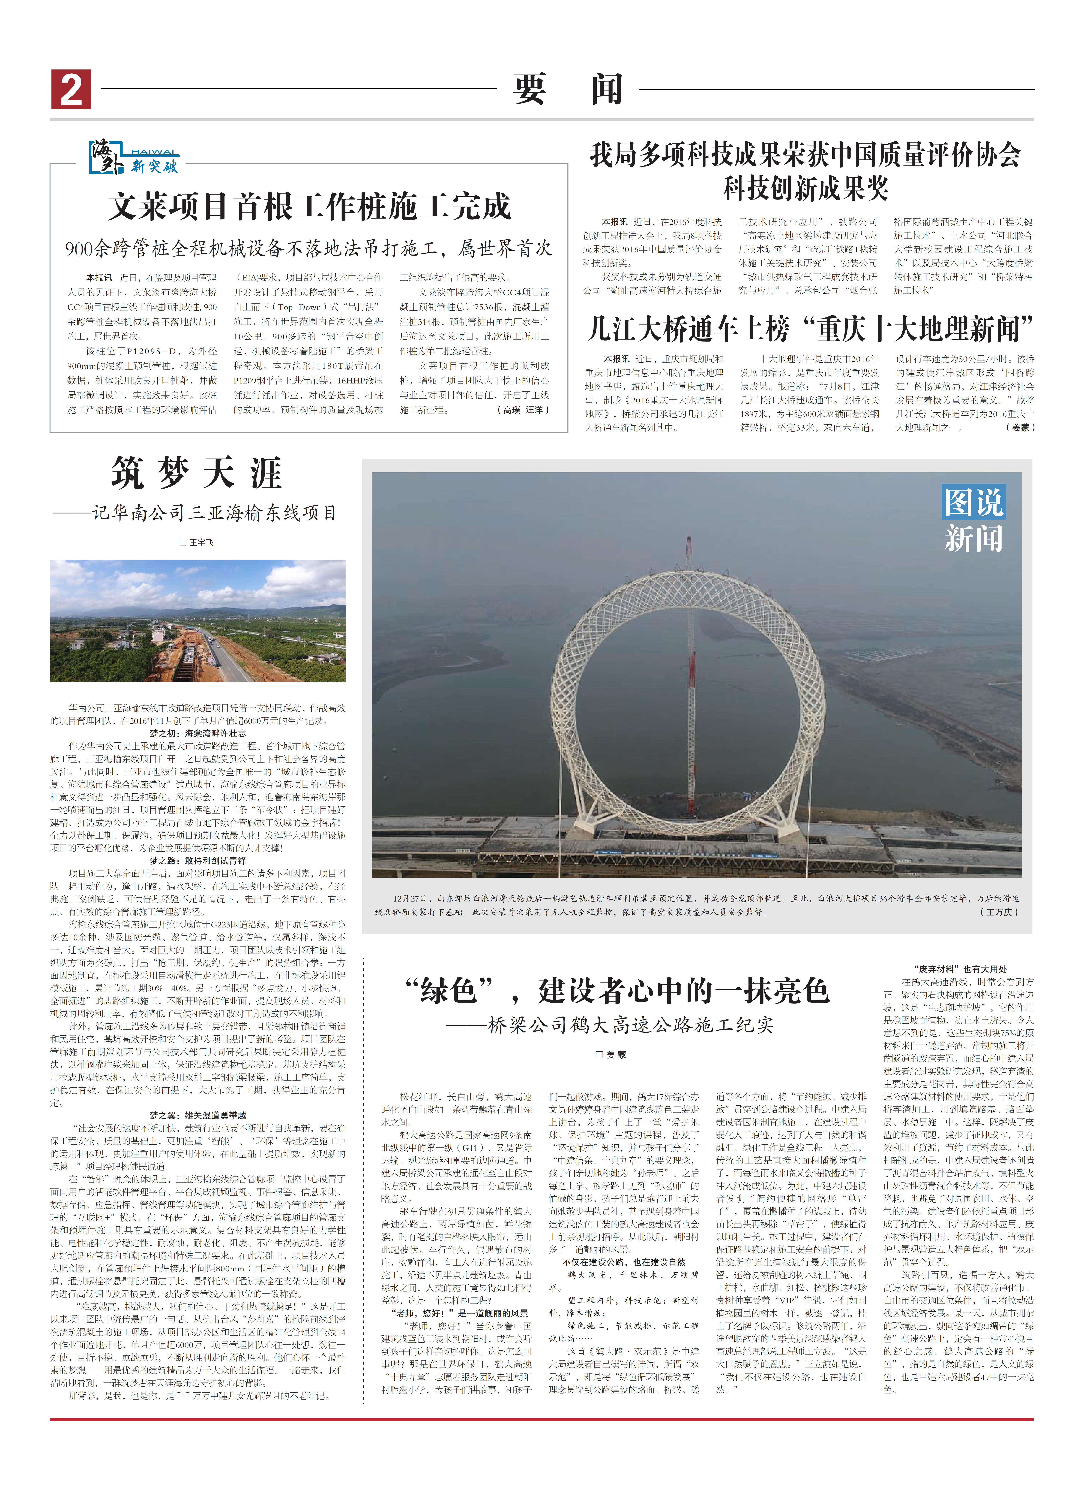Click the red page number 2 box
pyautogui.click(x=71, y=89)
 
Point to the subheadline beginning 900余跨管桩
pyautogui.click(x=308, y=249)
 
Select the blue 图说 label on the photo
pyautogui.click(x=974, y=503)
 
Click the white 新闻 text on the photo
pyautogui.click(x=974, y=539)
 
